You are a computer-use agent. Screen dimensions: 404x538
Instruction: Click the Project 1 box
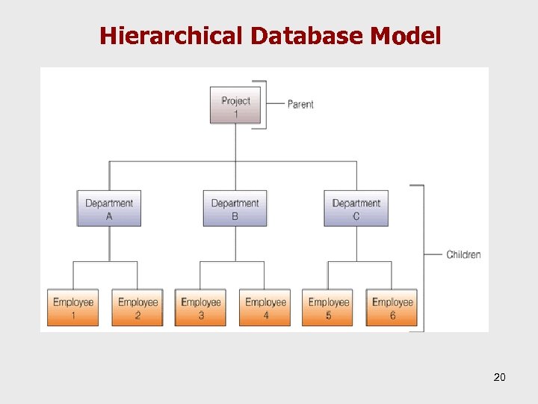(x=235, y=107)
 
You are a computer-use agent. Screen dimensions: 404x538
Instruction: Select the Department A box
(x=109, y=209)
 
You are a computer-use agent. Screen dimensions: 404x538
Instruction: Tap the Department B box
(x=235, y=209)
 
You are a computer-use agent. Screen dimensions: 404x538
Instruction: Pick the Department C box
(x=356, y=209)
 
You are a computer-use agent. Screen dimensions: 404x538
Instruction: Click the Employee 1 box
(x=73, y=308)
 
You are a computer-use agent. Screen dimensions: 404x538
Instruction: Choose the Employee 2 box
(x=137, y=308)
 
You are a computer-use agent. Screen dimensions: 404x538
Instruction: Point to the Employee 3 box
(x=200, y=308)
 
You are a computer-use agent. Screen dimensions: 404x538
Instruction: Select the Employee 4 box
(x=265, y=308)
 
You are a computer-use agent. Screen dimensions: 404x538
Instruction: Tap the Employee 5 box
(x=328, y=308)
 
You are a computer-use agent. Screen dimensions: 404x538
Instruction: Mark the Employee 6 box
(x=392, y=308)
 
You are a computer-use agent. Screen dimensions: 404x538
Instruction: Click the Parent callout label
(x=300, y=105)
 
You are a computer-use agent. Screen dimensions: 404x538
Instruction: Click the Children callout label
(x=463, y=254)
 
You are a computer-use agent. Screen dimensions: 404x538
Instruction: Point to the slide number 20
(x=499, y=377)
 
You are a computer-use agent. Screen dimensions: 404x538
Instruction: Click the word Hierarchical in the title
(x=172, y=35)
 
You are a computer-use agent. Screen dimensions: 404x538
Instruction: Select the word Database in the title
(x=309, y=35)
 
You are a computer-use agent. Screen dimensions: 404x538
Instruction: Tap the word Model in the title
(x=408, y=35)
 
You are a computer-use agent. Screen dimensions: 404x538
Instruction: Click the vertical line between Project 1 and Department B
(x=235, y=157)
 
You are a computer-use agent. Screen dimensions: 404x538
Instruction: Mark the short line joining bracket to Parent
(x=275, y=105)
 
